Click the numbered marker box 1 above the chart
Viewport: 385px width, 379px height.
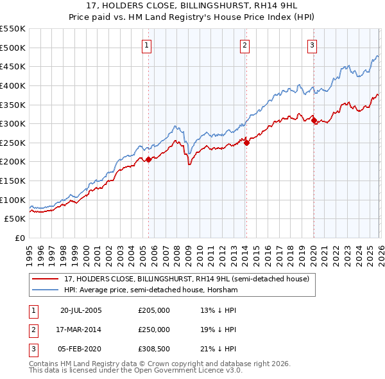tap(148, 45)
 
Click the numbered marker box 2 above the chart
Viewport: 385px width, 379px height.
tap(246, 45)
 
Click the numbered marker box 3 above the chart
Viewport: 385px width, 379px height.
tap(312, 45)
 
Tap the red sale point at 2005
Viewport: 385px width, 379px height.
tap(148, 159)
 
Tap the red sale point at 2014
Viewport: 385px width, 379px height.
tap(246, 143)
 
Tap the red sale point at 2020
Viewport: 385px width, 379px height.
tap(313, 120)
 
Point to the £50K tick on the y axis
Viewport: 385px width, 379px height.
tap(15, 219)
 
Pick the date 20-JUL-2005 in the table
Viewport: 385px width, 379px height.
tap(81, 311)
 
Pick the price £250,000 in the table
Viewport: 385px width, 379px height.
tap(154, 330)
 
